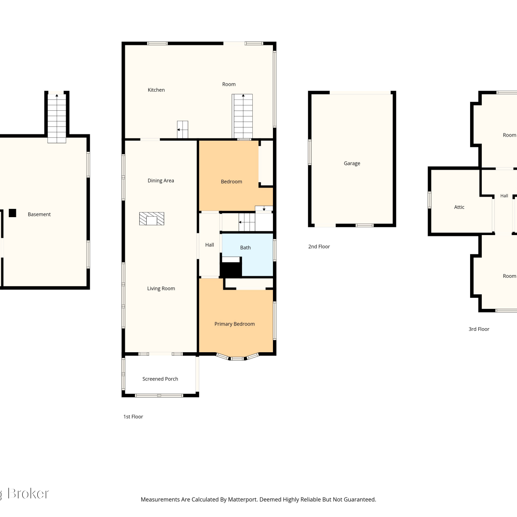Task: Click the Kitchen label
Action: tap(156, 90)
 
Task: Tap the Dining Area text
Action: tap(161, 181)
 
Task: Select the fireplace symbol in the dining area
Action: tap(152, 219)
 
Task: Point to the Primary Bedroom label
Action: tap(234, 324)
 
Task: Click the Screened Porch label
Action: tap(160, 379)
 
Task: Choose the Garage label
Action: tap(352, 163)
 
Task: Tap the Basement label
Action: tap(39, 214)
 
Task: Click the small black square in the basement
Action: tap(12, 213)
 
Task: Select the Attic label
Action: tap(459, 207)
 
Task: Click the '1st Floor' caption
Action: tap(133, 417)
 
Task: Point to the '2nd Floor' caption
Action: tap(319, 246)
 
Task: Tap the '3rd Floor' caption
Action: tap(479, 329)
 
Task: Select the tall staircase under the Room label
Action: tap(243, 116)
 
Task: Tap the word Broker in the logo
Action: tap(28, 494)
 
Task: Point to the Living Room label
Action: tap(161, 288)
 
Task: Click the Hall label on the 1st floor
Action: tap(210, 245)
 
